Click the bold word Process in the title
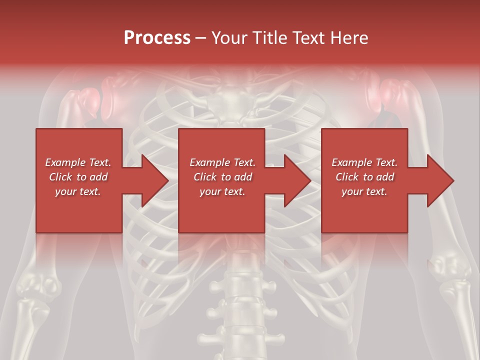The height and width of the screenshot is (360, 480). pos(157,38)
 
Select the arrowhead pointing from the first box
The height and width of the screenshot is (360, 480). pos(152,180)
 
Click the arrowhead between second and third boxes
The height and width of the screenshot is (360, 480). pos(295,180)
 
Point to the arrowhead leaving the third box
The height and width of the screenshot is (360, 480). pos(438,180)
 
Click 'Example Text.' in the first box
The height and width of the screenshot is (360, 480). pos(78,162)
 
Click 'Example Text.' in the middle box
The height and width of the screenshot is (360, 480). pos(222,162)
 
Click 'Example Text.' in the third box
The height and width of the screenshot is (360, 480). pos(364,162)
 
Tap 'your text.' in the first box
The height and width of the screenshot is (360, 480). pos(78,191)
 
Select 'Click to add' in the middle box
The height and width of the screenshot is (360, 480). pos(222,177)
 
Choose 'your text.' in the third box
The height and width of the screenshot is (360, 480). pos(364,191)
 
